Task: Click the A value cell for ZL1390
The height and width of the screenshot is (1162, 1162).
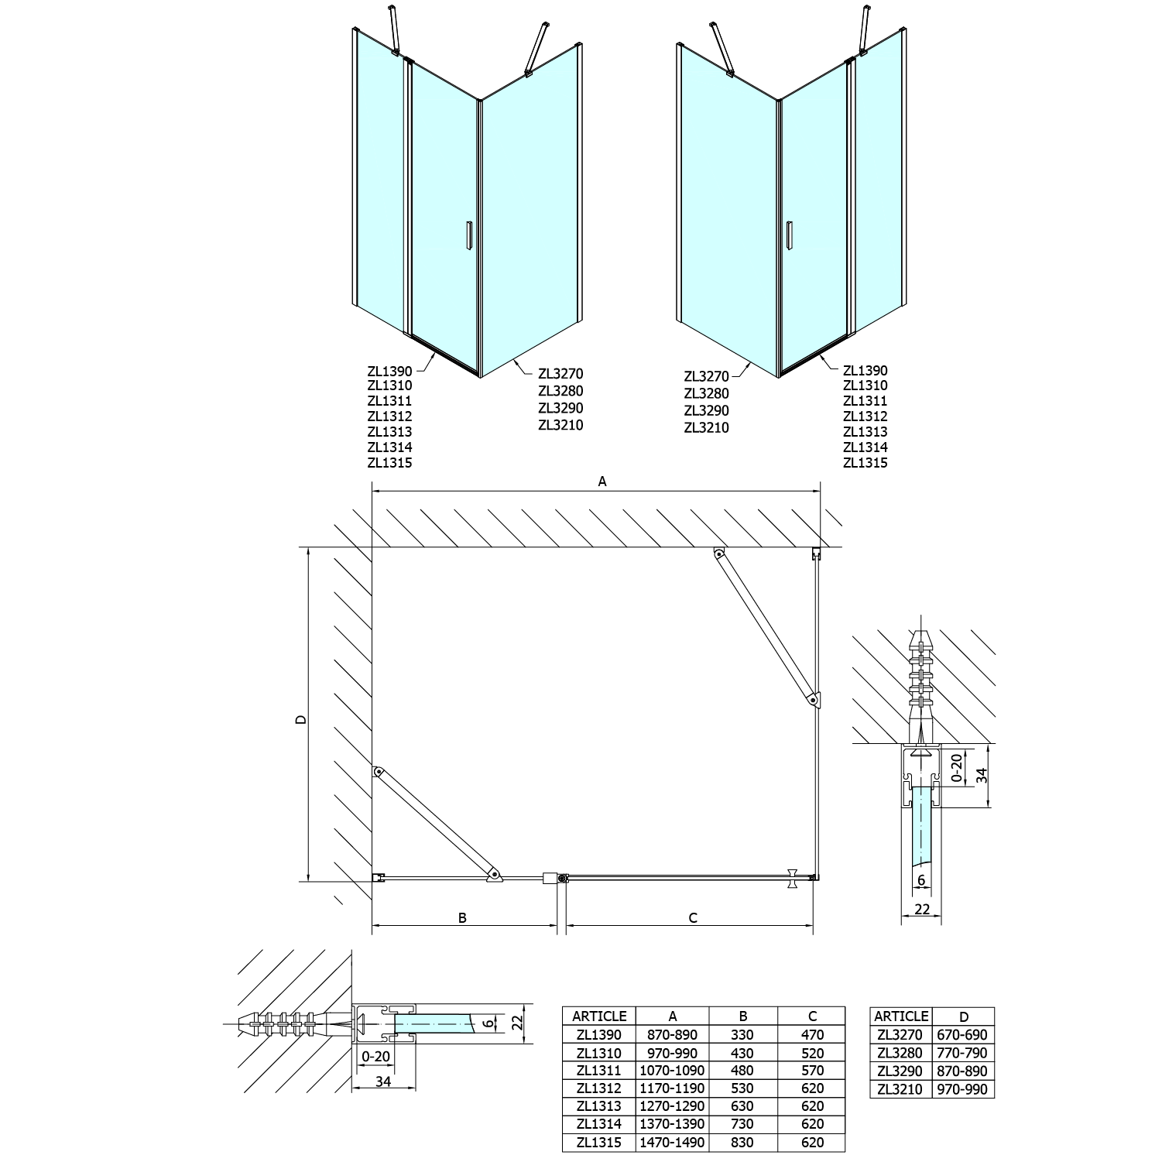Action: point(672,1034)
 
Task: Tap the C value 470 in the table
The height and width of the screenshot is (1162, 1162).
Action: point(812,1034)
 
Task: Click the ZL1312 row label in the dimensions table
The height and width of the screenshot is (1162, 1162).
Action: point(598,1088)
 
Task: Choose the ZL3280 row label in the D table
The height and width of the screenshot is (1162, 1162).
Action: point(901,1053)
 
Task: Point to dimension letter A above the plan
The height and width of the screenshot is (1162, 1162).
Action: point(602,482)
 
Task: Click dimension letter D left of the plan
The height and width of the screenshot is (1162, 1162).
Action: point(301,719)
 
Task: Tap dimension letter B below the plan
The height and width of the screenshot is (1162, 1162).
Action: point(462,917)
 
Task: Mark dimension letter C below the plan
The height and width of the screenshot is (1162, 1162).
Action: point(693,917)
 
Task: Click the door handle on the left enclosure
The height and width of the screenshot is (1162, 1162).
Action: point(468,236)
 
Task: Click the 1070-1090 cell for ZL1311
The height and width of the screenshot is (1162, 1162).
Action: point(672,1071)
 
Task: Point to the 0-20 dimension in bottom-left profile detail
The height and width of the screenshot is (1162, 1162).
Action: point(375,1055)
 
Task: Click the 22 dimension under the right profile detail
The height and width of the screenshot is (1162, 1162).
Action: point(921,910)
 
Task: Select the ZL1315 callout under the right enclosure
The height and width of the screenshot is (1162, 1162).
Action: point(865,463)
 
